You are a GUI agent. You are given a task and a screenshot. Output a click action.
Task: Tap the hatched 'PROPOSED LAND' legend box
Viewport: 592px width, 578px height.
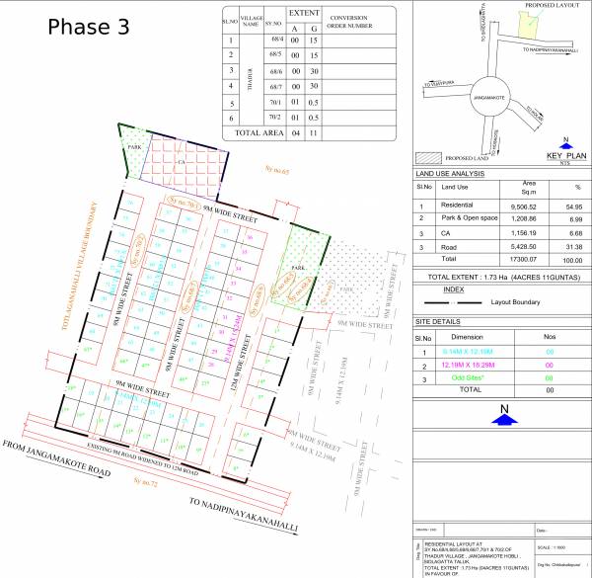pos(426,156)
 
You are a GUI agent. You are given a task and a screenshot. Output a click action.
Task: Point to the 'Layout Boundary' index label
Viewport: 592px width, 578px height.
pos(507,300)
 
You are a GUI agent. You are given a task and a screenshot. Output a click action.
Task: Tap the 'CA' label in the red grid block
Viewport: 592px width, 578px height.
pos(181,159)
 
